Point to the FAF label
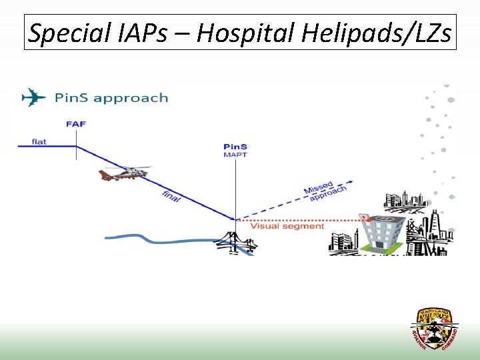76,124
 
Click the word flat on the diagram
39,141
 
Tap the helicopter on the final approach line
123,173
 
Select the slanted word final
171,197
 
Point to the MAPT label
235,155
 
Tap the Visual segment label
287,226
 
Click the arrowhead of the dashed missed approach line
347,179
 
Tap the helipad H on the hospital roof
382,220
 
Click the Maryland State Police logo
434,329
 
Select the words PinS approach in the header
111,98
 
